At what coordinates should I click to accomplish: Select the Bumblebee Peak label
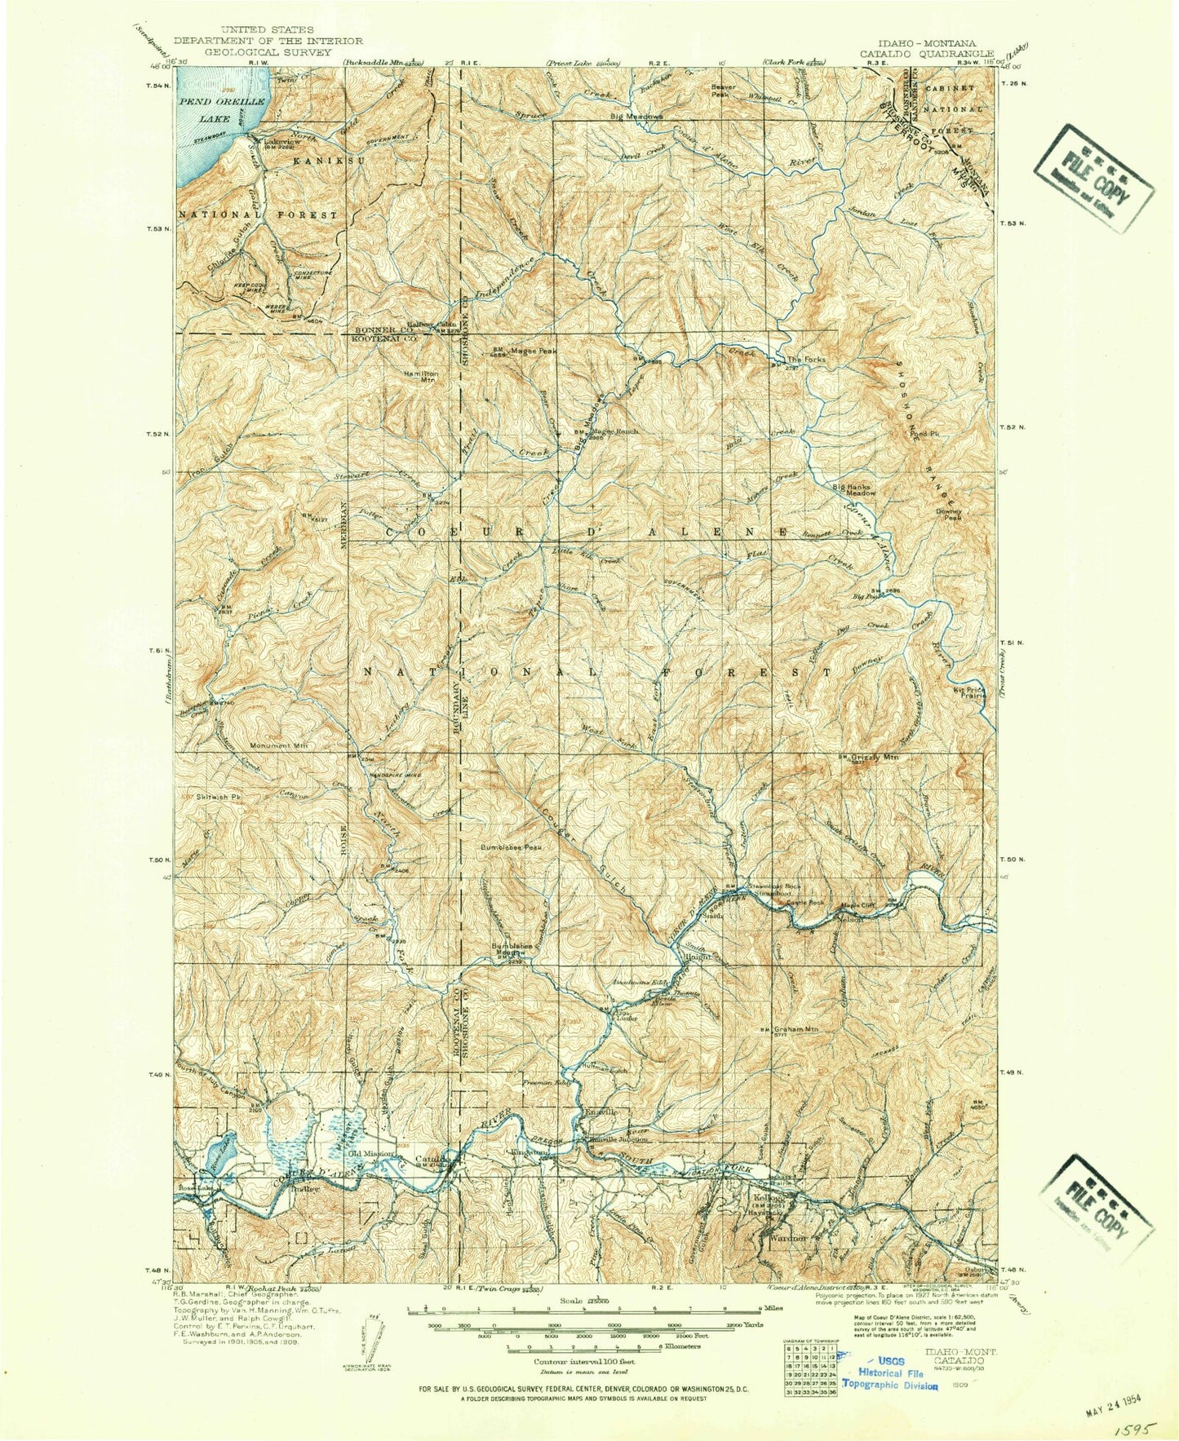pyautogui.click(x=511, y=846)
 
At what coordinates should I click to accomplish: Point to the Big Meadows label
pyautogui.click(x=637, y=116)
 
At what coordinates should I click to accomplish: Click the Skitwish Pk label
pyautogui.click(x=199, y=795)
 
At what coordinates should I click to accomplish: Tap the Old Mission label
pyautogui.click(x=373, y=1154)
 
